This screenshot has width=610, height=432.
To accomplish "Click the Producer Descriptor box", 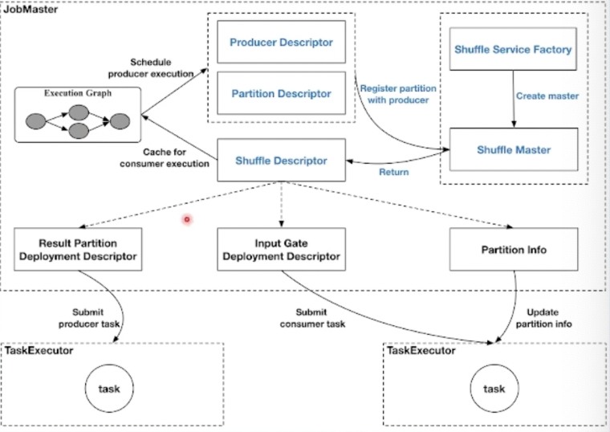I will pyautogui.click(x=281, y=42).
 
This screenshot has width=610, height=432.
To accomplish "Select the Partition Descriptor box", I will pyautogui.click(x=281, y=93).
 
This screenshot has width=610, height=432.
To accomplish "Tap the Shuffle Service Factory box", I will pyautogui.click(x=513, y=50).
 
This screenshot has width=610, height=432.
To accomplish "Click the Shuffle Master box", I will pyautogui.click(x=513, y=150).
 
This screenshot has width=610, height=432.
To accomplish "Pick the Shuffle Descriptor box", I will pyautogui.click(x=281, y=160).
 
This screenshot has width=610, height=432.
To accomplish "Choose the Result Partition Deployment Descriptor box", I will pyautogui.click(x=77, y=249).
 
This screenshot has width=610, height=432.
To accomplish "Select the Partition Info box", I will pyautogui.click(x=513, y=250).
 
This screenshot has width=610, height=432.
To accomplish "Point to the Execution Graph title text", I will pyautogui.click(x=77, y=93).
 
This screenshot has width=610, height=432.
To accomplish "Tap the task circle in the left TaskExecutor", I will pyautogui.click(x=108, y=389).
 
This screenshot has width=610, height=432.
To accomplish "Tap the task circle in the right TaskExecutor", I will pyautogui.click(x=494, y=389).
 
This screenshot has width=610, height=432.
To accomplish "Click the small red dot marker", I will pyautogui.click(x=187, y=218).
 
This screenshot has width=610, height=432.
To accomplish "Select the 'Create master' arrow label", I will pyautogui.click(x=547, y=96).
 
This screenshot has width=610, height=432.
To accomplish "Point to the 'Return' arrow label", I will pyautogui.click(x=393, y=172).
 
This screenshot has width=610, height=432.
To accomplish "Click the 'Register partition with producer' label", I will pyautogui.click(x=393, y=93).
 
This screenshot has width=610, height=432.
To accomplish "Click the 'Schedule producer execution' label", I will pyautogui.click(x=161, y=67).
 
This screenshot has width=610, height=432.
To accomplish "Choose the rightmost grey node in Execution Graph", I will pyautogui.click(x=120, y=122).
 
